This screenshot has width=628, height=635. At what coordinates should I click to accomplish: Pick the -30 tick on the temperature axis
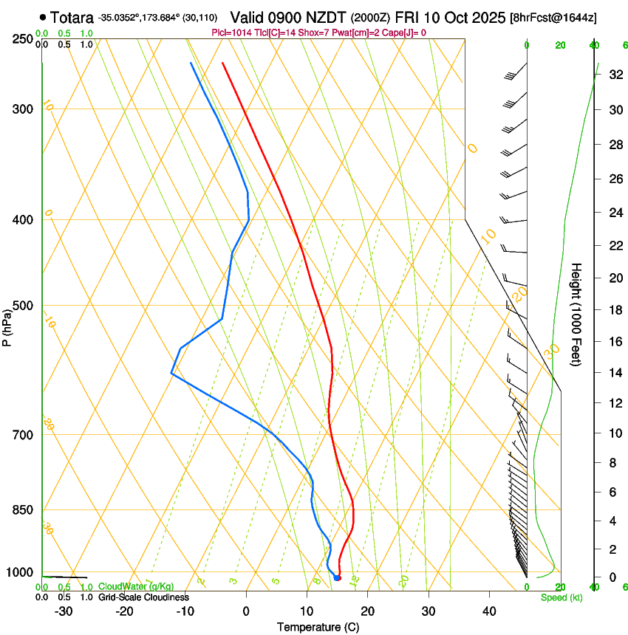point(64,611)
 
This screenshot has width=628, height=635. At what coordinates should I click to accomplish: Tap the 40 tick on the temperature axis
point(489,611)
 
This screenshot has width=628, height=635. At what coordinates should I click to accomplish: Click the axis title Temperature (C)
point(318,627)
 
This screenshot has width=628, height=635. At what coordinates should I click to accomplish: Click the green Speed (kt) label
point(561,597)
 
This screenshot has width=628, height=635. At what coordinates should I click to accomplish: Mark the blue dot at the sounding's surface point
point(337,577)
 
